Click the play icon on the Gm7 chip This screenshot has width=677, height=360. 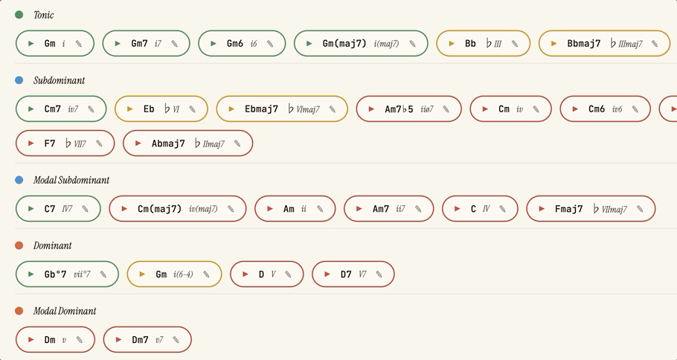click(x=118, y=43)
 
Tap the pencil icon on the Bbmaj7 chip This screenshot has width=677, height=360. click(x=655, y=44)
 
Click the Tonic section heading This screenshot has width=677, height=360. click(x=44, y=15)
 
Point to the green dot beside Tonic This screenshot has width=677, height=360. click(x=19, y=15)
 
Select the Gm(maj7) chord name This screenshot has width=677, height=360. click(x=344, y=43)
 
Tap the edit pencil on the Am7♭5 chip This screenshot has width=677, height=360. click(x=446, y=109)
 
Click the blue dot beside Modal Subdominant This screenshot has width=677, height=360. click(x=19, y=179)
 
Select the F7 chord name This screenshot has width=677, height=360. click(x=50, y=144)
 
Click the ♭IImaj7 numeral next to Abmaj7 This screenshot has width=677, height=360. click(x=209, y=144)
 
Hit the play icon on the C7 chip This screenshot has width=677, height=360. click(x=31, y=208)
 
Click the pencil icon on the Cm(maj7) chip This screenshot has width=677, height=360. click(x=231, y=209)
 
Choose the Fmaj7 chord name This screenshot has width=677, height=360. click(x=568, y=209)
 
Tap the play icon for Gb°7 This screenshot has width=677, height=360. click(x=31, y=274)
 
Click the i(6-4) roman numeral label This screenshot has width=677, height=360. click(x=183, y=274)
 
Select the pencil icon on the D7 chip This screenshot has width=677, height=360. click(x=379, y=274)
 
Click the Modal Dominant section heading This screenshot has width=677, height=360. click(x=65, y=311)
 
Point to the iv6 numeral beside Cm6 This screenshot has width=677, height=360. click(x=617, y=109)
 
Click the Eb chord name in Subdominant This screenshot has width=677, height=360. click(x=149, y=109)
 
